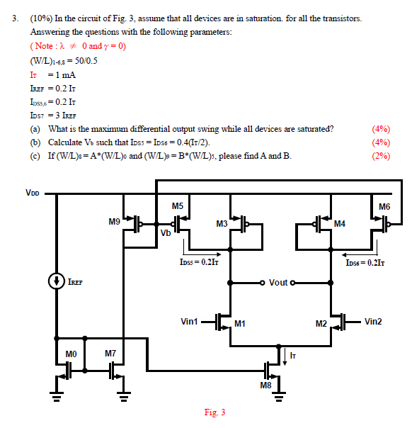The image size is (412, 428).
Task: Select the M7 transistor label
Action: [110, 353]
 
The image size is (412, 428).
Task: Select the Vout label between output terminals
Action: [278, 283]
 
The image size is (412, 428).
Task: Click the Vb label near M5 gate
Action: [166, 234]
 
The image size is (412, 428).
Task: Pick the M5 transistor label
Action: [178, 206]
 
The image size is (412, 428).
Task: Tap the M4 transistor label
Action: [339, 224]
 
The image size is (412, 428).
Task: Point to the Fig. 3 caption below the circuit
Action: [214, 412]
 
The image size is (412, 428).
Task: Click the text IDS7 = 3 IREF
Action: [56, 115]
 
